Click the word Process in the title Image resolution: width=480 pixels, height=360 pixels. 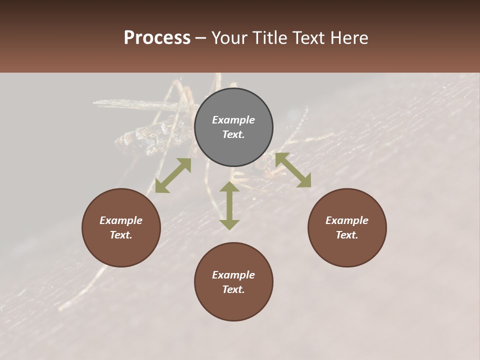(157, 38)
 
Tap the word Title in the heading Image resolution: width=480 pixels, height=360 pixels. (269, 38)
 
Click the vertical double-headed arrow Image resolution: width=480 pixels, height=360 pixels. (229, 205)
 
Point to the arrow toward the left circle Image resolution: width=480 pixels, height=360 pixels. (173, 175)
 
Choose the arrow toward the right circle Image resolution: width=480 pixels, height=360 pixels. (293, 170)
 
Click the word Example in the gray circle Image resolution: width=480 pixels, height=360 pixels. (233, 120)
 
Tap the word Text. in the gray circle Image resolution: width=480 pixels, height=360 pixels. (233, 134)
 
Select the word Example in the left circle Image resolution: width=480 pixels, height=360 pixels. (121, 220)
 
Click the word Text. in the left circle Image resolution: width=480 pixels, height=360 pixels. (121, 235)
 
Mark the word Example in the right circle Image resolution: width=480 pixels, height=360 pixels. (347, 220)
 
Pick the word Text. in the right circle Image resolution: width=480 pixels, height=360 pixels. (347, 235)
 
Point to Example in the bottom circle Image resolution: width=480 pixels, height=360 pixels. (233, 275)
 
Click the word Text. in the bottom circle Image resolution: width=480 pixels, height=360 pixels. (233, 289)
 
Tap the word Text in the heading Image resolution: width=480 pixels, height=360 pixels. (308, 38)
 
